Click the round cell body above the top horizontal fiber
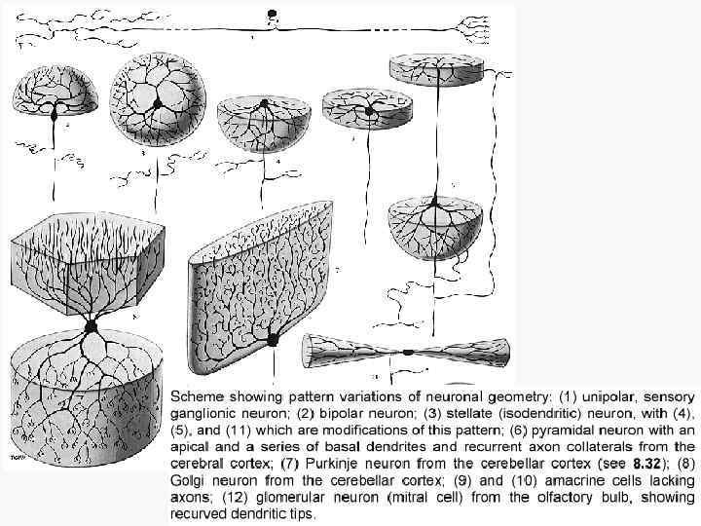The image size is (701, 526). click(x=273, y=15)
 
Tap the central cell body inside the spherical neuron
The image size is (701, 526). click(x=156, y=101)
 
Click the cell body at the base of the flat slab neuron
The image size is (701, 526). click(x=274, y=338)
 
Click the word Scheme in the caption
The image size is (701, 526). click(x=199, y=397)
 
